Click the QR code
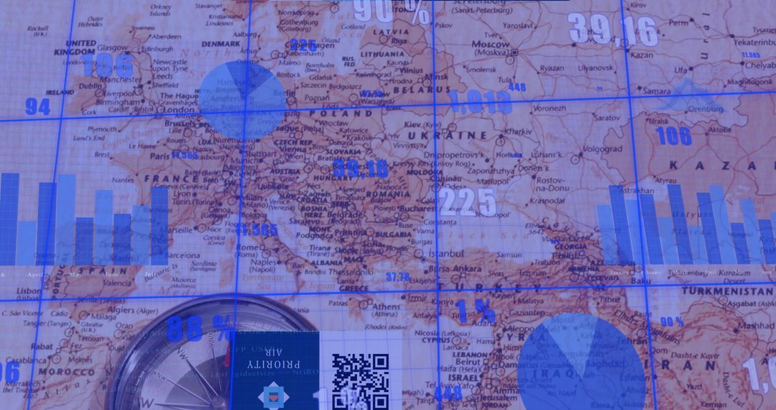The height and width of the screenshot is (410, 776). click(x=360, y=380)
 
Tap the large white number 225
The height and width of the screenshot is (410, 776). click(x=468, y=202)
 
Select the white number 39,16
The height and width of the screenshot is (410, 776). click(x=613, y=30)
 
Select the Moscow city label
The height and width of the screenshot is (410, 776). click(x=491, y=45)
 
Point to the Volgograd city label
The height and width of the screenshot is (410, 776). click(x=602, y=149)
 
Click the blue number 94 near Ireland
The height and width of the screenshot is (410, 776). click(x=37, y=107)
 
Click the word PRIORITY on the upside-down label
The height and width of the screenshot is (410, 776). click(x=274, y=364)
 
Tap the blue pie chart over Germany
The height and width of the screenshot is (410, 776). click(x=242, y=99)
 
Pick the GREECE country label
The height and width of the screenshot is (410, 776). click(x=354, y=288)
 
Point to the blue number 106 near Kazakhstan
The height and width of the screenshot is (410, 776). click(x=673, y=135)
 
